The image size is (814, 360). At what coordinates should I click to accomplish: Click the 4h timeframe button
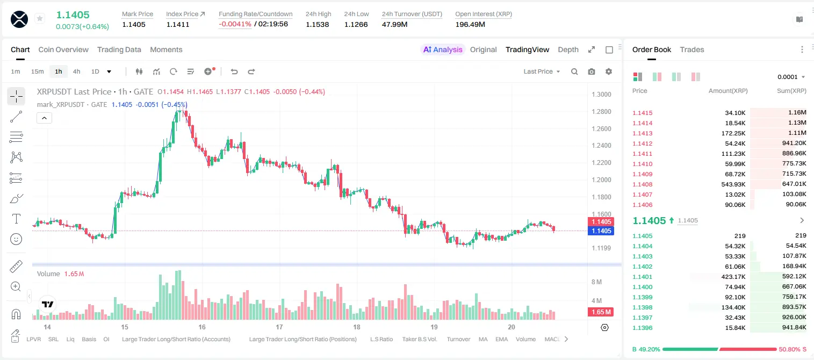pos(76,71)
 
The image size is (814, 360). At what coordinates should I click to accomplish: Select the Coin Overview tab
pos(63,50)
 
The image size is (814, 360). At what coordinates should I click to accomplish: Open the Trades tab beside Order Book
pos(692,50)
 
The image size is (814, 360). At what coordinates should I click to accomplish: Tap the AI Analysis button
pos(443,50)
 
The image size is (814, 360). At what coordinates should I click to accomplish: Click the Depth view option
pos(568,50)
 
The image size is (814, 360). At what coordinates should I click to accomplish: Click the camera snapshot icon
pos(592,71)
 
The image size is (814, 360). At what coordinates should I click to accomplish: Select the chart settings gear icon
pos(609,71)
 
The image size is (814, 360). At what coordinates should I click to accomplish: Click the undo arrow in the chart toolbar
pos(234,71)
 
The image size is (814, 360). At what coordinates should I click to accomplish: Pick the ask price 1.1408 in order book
pos(643,184)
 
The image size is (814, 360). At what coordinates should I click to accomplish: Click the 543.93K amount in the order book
pos(733,184)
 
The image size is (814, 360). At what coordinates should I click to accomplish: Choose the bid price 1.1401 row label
pos(643,277)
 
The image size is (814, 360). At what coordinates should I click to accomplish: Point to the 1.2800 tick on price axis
pos(601,112)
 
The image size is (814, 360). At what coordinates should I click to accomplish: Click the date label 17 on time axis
pos(279,327)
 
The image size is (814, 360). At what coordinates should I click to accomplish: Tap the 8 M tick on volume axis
pos(597,282)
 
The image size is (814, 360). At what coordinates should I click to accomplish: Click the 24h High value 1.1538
pos(317,24)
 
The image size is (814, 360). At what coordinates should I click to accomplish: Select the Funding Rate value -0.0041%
pos(235,24)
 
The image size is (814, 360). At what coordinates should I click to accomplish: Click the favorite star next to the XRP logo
pos(40,18)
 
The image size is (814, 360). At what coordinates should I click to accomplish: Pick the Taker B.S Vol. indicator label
pos(419,339)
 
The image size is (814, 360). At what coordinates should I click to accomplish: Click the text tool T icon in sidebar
pos(16,219)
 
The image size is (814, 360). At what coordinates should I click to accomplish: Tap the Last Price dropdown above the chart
pos(542,71)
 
